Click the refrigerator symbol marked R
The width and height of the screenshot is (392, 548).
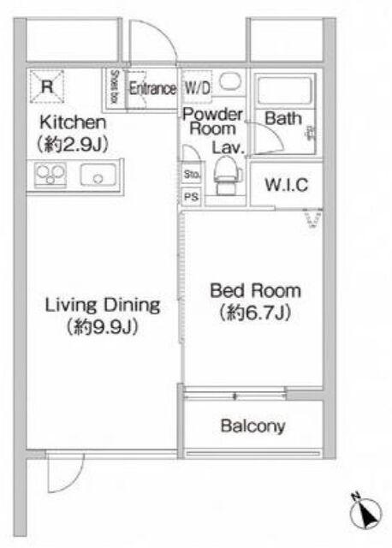click(x=47, y=86)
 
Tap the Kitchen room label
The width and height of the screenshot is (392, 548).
click(x=73, y=122)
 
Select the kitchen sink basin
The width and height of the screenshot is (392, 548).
click(x=98, y=175)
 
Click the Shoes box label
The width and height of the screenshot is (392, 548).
click(x=114, y=86)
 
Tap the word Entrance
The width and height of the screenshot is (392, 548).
click(x=152, y=89)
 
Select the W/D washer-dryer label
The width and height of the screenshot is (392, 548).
click(x=198, y=87)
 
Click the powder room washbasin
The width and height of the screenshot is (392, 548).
click(x=230, y=82)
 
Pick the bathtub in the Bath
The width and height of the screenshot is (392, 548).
click(x=284, y=90)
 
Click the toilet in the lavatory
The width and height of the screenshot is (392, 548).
click(x=227, y=175)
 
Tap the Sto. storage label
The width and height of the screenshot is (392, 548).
click(x=192, y=174)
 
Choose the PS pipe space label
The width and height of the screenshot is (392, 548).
click(x=191, y=197)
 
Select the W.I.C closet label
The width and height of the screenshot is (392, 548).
click(x=287, y=185)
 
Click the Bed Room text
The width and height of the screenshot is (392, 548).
click(x=255, y=291)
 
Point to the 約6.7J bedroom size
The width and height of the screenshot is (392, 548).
click(x=255, y=313)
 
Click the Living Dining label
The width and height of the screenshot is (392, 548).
click(x=103, y=305)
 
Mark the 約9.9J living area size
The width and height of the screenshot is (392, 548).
click(x=103, y=327)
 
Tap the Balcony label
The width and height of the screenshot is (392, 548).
click(x=253, y=426)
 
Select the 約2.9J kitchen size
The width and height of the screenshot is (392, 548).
click(x=73, y=144)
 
